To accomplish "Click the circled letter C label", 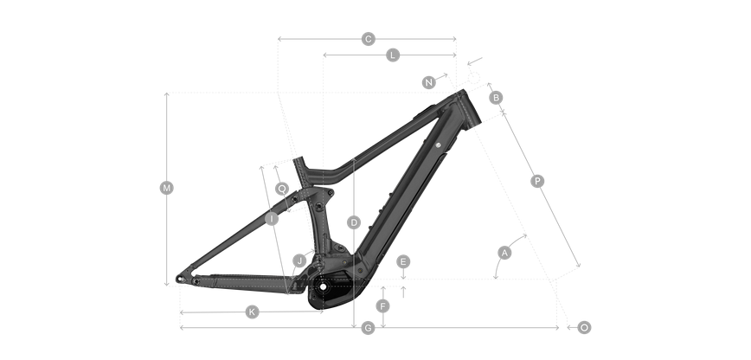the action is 368,39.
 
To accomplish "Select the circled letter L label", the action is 393,55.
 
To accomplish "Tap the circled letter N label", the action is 428,82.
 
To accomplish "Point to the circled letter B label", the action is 496,98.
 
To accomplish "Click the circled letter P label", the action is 537,181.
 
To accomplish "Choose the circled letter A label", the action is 504,253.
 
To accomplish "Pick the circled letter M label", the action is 167,188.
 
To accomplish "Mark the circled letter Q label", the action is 282,189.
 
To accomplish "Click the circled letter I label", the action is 272,219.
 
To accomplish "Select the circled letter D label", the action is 354,222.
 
